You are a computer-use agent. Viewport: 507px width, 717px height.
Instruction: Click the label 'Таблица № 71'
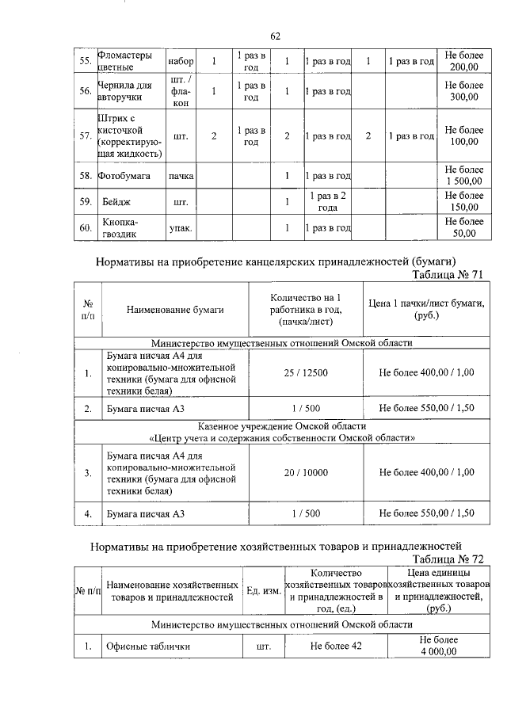(447, 274)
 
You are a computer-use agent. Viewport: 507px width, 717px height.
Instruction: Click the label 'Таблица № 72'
(447, 559)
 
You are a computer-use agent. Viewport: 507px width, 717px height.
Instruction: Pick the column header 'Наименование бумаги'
(175, 310)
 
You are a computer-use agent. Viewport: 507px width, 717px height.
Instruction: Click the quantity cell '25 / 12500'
(305, 372)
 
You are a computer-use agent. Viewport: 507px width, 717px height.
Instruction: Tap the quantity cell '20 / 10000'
(305, 472)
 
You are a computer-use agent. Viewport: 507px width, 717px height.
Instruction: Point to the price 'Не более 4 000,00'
(438, 646)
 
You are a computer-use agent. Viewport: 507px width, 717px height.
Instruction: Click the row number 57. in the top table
(85, 135)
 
